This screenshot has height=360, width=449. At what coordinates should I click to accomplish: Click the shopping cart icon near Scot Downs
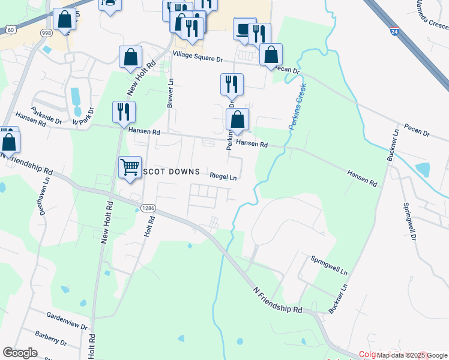click(130, 167)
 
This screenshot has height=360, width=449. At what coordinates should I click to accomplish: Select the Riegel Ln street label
click(223, 177)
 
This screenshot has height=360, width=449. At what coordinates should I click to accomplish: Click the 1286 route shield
click(148, 208)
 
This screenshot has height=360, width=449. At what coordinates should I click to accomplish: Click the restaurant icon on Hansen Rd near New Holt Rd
click(124, 111)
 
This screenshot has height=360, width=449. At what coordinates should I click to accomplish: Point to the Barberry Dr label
click(50, 338)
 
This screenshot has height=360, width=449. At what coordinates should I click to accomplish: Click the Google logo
click(20, 353)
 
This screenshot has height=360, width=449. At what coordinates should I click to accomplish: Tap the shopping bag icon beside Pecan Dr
click(271, 55)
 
